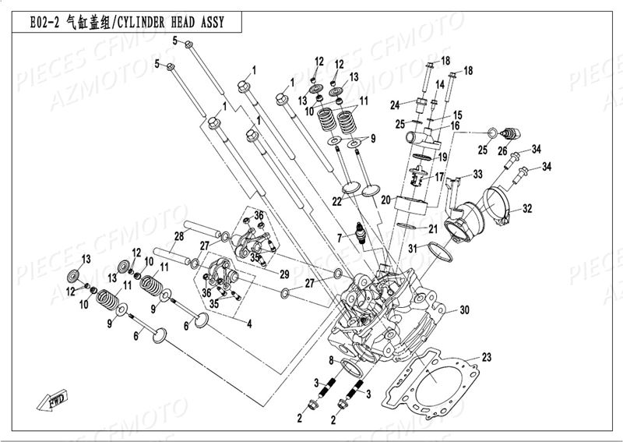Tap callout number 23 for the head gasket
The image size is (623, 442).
coord(487,358)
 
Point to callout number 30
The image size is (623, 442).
coord(464,309)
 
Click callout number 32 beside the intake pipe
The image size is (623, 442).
coord(527,208)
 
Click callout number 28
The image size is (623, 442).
coord(178,235)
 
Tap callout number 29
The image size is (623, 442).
coord(284,274)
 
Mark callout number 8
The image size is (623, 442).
coord(331,359)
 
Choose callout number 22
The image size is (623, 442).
coord(336,202)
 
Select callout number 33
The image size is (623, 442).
coord(477,173)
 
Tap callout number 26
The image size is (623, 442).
coord(502,151)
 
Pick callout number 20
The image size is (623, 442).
coord(385,200)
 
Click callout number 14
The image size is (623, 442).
coord(439,83)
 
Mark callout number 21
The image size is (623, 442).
coord(434,228)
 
